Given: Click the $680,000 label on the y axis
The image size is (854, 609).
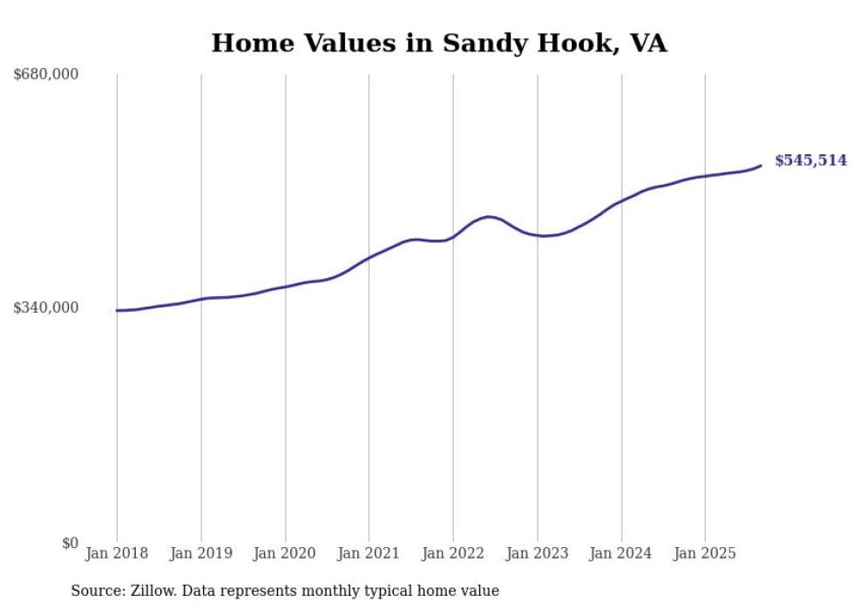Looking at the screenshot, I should [46, 75].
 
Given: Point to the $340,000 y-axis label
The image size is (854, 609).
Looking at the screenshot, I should [46, 308].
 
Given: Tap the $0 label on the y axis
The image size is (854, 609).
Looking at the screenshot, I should [70, 543].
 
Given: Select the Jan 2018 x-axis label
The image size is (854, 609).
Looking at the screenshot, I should [117, 553].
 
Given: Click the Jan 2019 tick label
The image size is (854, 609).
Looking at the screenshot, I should [201, 553].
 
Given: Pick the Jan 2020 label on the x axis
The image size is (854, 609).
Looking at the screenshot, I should [285, 553].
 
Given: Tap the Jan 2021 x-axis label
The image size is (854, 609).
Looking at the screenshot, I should [369, 553].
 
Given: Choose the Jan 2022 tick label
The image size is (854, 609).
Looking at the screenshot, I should [453, 553].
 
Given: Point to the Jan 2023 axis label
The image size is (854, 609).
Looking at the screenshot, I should [537, 553].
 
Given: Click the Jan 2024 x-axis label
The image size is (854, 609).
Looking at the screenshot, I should [621, 553].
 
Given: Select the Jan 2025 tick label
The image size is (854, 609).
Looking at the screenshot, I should [705, 553].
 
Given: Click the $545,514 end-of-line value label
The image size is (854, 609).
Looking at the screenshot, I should [810, 160].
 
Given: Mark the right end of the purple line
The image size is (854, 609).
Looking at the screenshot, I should [762, 166].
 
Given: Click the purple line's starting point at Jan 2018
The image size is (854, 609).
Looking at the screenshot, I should [117, 310].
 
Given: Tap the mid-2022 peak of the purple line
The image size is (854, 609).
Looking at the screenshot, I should [488, 216].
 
